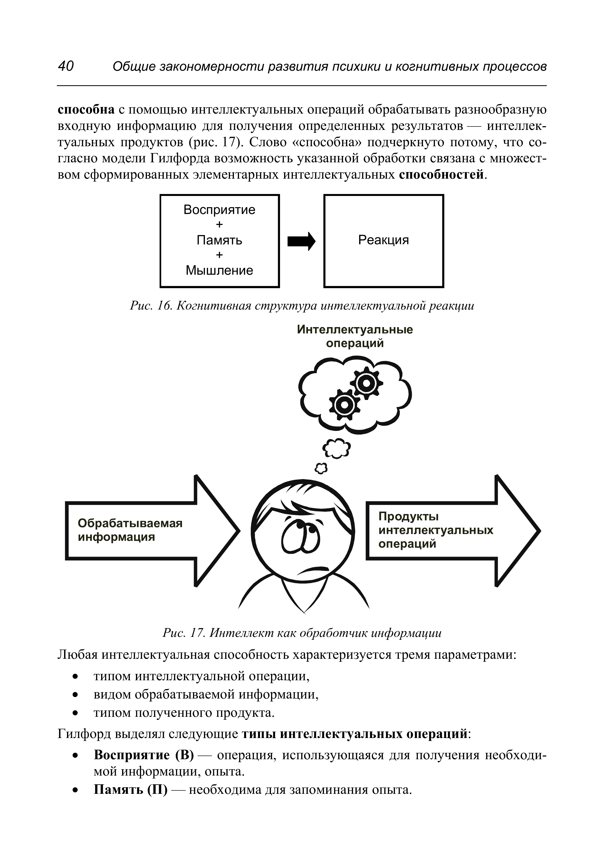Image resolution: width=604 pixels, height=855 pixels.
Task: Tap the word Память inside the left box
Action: tap(219, 240)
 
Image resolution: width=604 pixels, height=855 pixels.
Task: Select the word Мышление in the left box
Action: tap(219, 270)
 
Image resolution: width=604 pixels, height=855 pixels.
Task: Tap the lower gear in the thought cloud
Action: tap(345, 404)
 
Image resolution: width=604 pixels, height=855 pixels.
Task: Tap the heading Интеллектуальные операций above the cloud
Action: tap(355, 336)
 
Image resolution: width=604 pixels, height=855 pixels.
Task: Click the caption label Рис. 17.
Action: tap(184, 633)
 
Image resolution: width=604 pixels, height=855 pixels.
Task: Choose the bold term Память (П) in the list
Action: tap(131, 789)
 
